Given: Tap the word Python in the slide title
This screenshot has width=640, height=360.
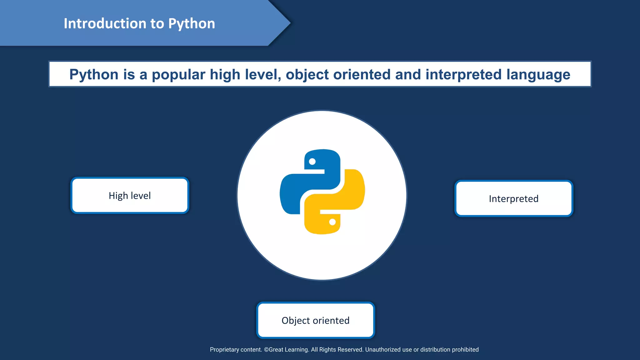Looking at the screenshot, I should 192,24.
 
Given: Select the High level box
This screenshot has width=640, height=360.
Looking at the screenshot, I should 130,196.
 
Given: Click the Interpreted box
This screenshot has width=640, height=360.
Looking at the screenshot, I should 513,199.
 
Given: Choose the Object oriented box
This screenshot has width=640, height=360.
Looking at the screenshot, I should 315,320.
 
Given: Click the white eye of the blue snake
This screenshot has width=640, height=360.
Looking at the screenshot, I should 312,162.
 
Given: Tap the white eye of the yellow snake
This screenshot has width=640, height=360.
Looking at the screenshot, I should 332,222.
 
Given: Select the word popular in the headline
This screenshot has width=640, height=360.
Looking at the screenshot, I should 178,75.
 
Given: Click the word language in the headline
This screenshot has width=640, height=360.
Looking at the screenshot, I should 538,75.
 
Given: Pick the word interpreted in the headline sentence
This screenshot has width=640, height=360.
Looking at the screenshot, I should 463,75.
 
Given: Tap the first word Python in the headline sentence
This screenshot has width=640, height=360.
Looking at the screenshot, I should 94,75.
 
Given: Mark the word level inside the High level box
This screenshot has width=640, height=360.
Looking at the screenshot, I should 141,196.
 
